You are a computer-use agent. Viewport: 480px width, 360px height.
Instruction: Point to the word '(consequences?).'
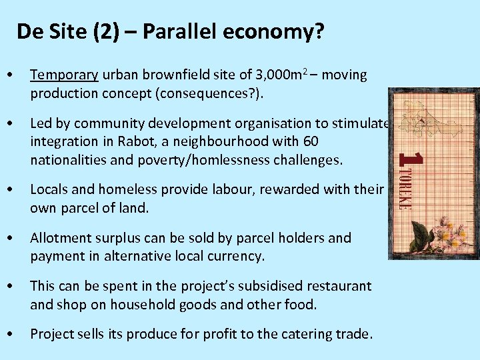(x=215, y=92)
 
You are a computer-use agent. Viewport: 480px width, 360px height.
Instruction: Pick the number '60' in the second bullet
(x=311, y=141)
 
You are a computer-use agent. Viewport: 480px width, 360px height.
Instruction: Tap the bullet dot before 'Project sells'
(x=9, y=333)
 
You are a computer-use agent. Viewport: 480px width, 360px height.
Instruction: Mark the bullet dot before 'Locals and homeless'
(x=9, y=190)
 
